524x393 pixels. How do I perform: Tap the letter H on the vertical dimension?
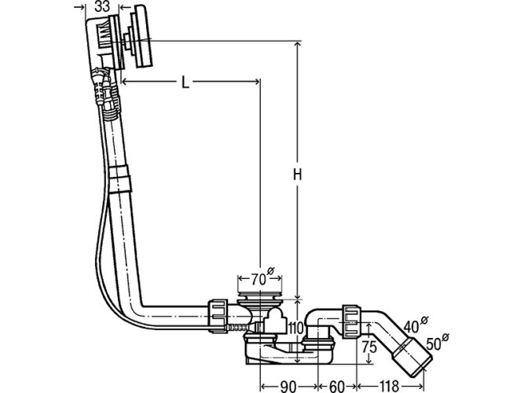(x=298, y=174)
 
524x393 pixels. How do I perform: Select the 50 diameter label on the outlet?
(x=437, y=343)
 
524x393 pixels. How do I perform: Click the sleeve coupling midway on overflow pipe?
(x=120, y=179)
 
